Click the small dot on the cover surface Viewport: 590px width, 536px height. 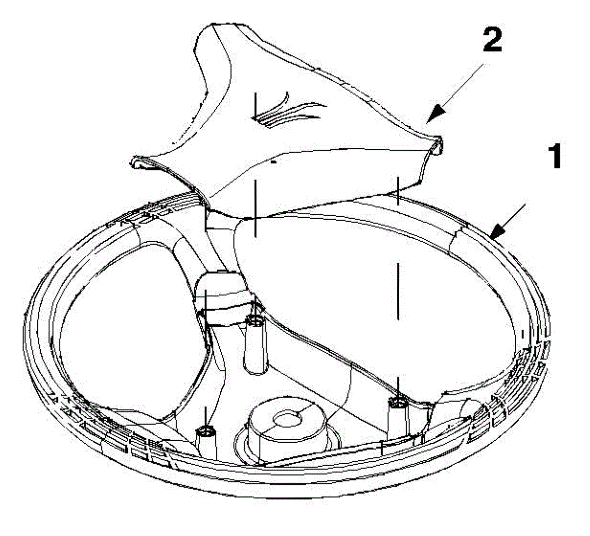(274, 161)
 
